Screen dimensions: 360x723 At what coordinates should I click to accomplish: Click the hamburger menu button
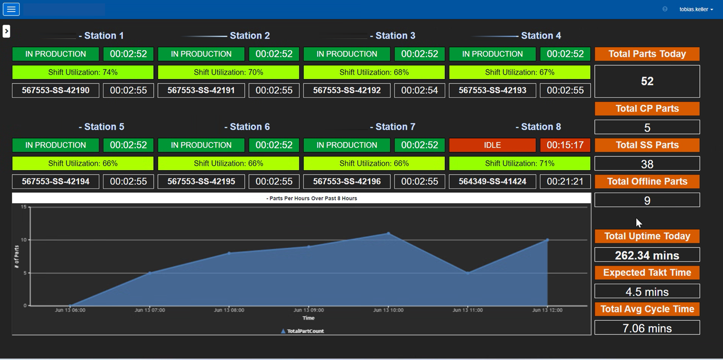click(11, 9)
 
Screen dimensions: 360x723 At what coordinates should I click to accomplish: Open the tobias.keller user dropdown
click(696, 9)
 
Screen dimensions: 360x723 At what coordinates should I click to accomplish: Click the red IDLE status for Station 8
click(492, 145)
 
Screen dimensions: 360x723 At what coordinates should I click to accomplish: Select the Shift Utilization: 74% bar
click(83, 72)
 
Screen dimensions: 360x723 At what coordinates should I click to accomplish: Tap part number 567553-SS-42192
click(347, 90)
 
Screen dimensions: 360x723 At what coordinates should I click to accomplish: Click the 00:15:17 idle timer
click(565, 145)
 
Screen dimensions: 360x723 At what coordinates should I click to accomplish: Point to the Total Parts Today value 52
click(647, 81)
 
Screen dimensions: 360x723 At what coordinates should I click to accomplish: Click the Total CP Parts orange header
click(647, 109)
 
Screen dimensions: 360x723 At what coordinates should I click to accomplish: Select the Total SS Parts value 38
click(647, 164)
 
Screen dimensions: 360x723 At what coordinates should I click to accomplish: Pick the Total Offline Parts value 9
click(647, 200)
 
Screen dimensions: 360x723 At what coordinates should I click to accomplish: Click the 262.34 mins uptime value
click(647, 255)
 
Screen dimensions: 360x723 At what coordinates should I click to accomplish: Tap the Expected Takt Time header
click(647, 273)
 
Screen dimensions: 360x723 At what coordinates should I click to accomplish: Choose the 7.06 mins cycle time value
click(647, 328)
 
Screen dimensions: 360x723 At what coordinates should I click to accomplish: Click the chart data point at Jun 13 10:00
click(388, 233)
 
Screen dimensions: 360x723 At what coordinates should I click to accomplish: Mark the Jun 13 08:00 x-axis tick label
click(229, 310)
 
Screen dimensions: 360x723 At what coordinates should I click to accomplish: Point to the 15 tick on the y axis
click(24, 207)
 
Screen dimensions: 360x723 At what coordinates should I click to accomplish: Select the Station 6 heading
click(249, 127)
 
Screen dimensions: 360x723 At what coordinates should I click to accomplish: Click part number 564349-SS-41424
click(492, 181)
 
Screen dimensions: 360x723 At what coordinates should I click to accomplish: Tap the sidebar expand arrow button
click(6, 31)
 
